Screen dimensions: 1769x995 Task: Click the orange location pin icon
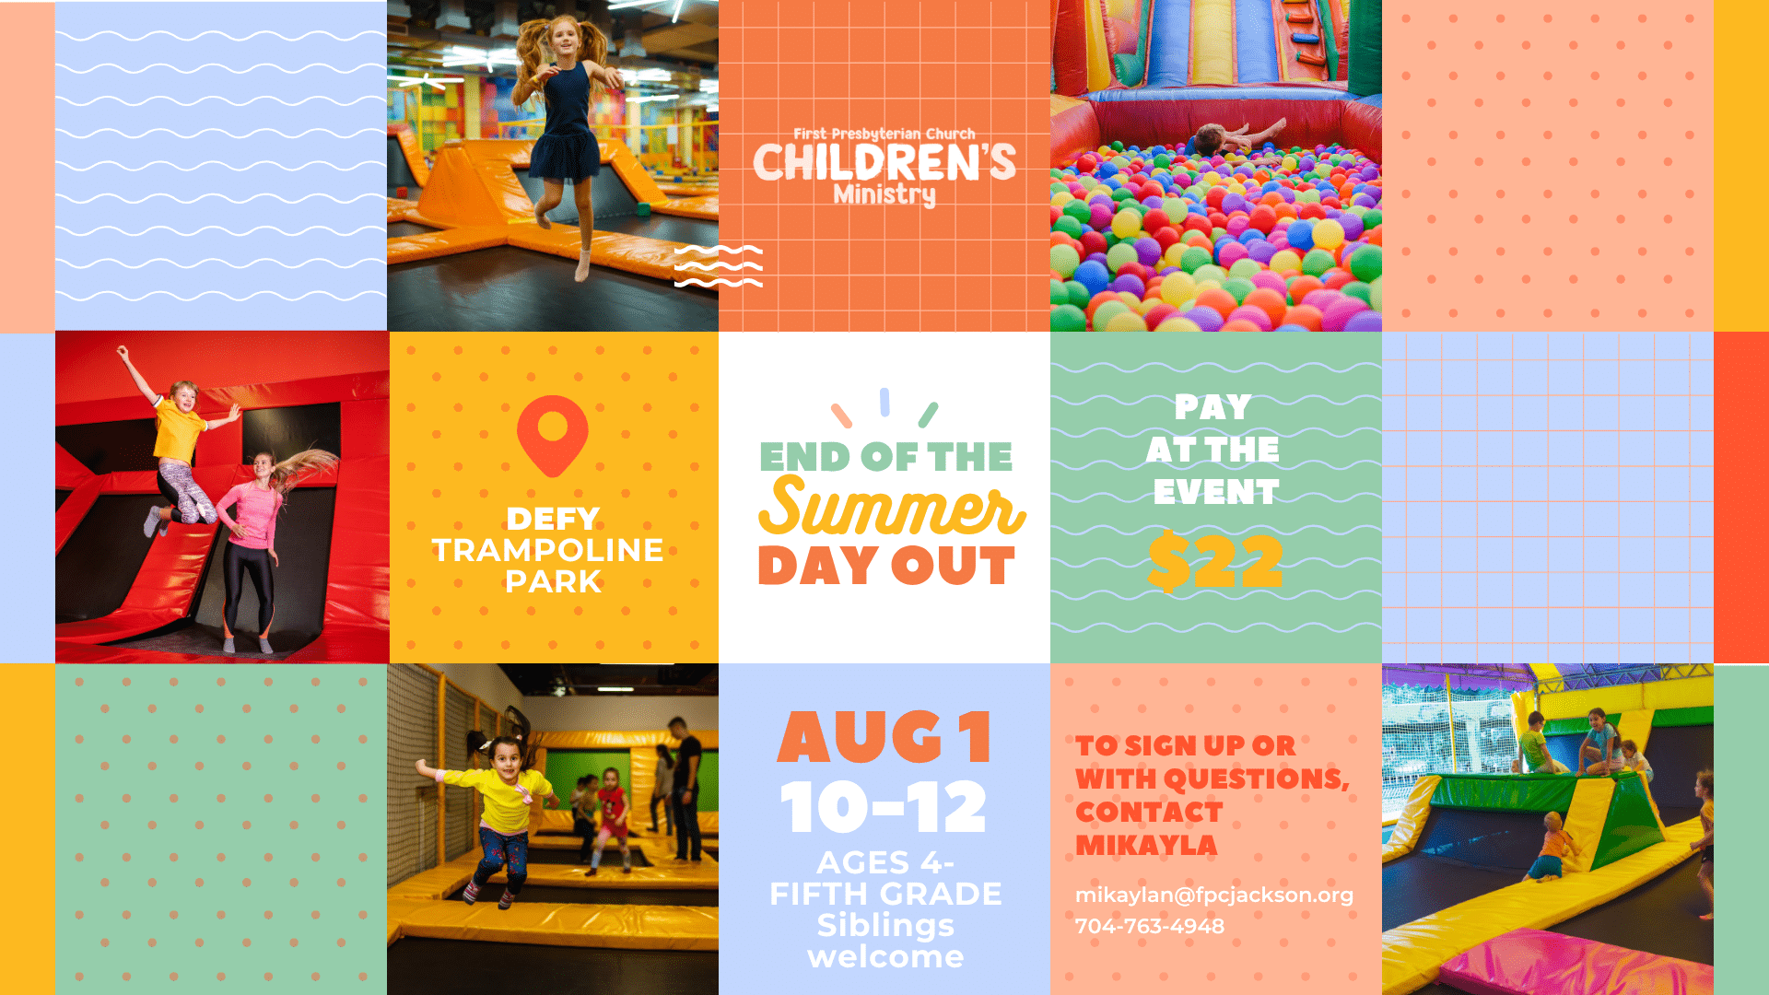(x=553, y=435)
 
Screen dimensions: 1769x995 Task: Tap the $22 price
(x=1215, y=561)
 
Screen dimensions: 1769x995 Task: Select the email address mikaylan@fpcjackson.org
(x=1214, y=895)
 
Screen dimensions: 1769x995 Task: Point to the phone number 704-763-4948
(x=1150, y=926)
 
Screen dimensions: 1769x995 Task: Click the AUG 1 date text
(x=884, y=738)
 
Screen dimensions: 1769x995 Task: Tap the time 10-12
(x=884, y=807)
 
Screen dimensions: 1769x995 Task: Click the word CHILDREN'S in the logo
(x=884, y=162)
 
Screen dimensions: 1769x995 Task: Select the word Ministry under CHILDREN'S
(x=884, y=195)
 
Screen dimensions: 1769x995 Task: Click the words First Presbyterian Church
(x=884, y=134)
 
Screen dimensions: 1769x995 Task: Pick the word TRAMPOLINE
(x=548, y=550)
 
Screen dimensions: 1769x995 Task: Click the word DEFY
(x=553, y=519)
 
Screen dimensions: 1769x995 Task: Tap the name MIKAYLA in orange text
(x=1146, y=845)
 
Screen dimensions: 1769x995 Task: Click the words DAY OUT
(x=886, y=566)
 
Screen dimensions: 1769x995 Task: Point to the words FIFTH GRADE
(x=885, y=894)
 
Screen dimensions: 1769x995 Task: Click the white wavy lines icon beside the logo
(x=719, y=266)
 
